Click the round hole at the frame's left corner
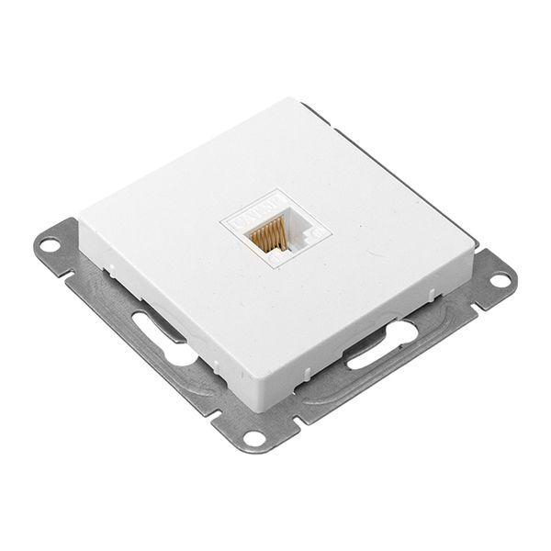51,245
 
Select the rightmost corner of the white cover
477,243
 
